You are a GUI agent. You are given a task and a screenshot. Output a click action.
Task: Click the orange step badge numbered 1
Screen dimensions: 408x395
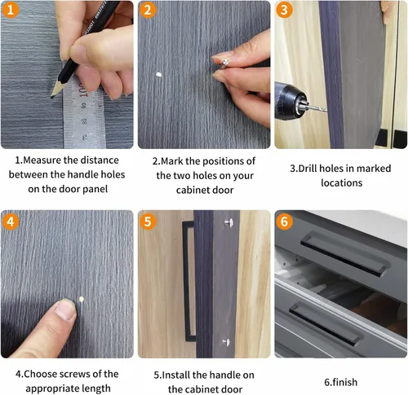[11, 10]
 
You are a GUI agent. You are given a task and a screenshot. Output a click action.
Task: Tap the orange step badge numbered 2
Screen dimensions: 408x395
[148, 10]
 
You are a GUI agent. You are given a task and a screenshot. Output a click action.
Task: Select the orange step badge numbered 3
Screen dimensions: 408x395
[284, 10]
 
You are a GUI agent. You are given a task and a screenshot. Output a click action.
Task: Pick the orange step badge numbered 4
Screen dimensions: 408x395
[11, 222]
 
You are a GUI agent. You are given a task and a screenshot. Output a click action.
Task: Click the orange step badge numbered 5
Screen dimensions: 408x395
[148, 222]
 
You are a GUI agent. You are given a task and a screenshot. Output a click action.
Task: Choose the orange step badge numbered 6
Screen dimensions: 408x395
[284, 222]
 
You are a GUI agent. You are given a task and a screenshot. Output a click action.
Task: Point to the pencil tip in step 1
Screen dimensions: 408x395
[52, 97]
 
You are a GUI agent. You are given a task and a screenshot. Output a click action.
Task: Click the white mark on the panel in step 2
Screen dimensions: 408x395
[158, 74]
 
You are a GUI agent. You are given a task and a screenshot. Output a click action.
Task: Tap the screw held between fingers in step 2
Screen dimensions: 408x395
[224, 64]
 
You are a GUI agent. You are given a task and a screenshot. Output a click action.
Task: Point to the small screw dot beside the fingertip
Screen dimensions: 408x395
[81, 299]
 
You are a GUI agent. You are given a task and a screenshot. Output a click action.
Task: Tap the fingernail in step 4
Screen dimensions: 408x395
[65, 309]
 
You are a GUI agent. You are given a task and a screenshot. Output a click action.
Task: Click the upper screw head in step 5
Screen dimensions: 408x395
[229, 222]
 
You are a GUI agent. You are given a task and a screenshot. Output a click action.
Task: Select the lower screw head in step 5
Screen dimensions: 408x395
[226, 342]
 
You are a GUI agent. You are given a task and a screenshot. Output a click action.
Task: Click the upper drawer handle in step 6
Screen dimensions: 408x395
[344, 253]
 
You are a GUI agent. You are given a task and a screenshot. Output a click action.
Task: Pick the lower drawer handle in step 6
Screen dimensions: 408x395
[325, 323]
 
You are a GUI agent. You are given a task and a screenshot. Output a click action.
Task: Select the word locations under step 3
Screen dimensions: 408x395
[342, 183]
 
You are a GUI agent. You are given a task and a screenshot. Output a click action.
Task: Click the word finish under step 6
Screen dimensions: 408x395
[345, 382]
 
